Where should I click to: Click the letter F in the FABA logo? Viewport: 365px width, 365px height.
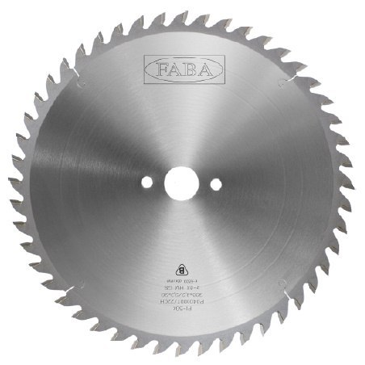pos(157,66)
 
